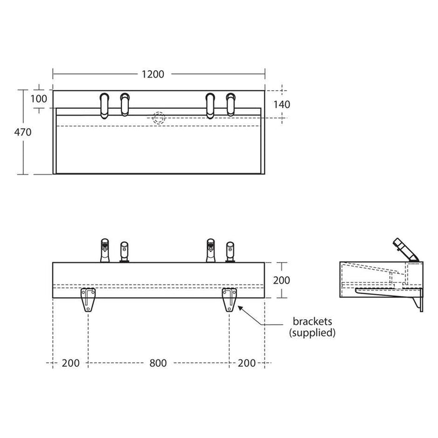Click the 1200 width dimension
click(x=152, y=74)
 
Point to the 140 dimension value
click(x=282, y=104)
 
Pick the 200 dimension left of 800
click(x=71, y=364)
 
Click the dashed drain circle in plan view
click(x=159, y=118)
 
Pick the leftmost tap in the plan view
click(x=104, y=104)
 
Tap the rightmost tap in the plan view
click(x=232, y=104)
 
